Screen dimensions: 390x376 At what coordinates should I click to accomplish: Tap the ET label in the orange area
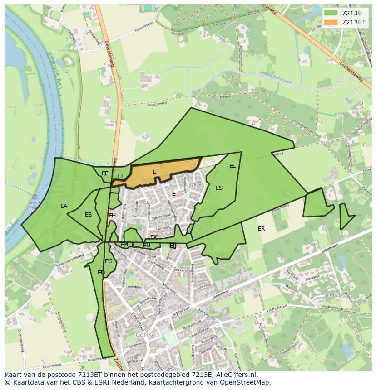coord(156,172)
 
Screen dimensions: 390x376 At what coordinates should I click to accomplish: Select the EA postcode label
coord(64,206)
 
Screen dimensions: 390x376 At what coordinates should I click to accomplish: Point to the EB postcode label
coord(88,215)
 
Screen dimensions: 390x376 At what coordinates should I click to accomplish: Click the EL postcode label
coord(233,166)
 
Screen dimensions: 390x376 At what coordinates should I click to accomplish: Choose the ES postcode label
coord(219,188)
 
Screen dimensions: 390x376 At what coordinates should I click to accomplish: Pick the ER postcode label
coord(261,229)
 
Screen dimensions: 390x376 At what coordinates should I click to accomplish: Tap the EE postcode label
coord(105,173)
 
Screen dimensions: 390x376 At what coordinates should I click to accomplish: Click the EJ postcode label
coord(120,176)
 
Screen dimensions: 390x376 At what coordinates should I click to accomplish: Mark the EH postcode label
coord(112,216)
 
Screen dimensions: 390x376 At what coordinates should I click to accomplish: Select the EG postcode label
coord(109,261)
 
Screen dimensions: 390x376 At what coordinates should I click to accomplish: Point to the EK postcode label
coord(153,237)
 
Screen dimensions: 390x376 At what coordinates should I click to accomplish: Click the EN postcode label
coord(147,246)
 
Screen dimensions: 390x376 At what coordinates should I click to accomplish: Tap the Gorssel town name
coord(145,334)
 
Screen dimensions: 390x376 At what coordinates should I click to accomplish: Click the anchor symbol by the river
coord(34,197)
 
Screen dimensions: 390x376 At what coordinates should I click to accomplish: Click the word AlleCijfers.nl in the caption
coord(237,375)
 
